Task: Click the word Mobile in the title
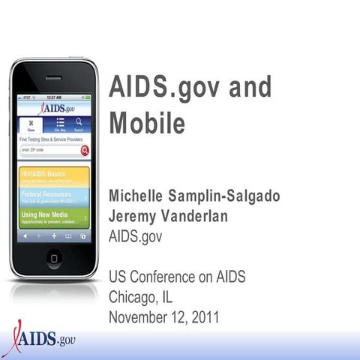point(147,123)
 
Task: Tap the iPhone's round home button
point(54,257)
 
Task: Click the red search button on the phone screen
point(85,150)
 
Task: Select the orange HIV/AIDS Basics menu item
point(53,177)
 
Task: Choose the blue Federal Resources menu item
point(53,197)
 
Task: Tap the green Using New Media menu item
point(53,218)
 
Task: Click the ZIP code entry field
point(48,150)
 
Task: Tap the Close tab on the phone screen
point(31,125)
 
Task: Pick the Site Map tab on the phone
point(60,125)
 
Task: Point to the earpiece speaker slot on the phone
point(53,77)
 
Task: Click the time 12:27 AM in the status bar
point(54,97)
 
